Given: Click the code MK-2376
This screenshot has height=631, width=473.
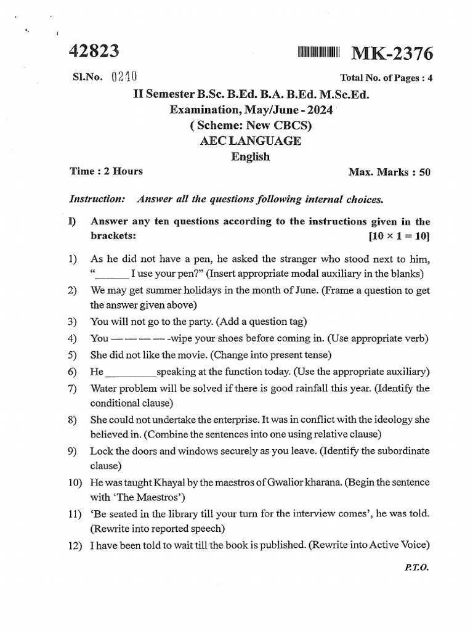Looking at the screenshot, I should tap(392, 54).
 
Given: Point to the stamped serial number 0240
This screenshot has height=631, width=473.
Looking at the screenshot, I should tap(123, 77).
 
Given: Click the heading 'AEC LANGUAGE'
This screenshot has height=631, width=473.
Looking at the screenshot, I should tap(251, 140).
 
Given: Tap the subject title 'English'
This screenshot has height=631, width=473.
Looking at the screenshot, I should tap(251, 157).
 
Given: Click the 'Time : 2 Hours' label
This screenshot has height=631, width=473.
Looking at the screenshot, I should tap(107, 171).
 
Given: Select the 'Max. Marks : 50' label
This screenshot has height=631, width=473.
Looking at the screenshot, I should tap(389, 172).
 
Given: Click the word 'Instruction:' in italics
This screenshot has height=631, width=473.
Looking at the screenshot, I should tap(98, 199).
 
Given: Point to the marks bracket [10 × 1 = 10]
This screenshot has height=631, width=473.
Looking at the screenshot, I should tap(399, 236).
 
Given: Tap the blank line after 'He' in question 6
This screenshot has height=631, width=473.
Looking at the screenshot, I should tap(131, 372).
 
